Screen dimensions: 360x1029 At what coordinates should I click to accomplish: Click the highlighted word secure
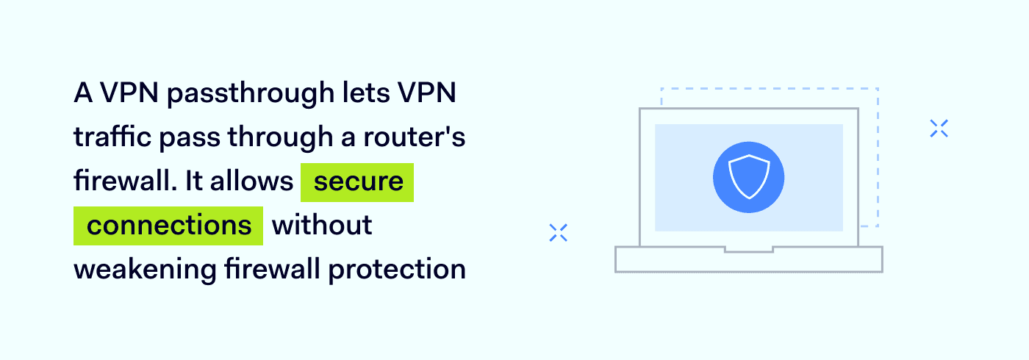click(x=358, y=181)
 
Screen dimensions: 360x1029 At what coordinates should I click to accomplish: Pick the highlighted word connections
click(x=168, y=226)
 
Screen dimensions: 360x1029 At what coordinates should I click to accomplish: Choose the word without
click(x=322, y=226)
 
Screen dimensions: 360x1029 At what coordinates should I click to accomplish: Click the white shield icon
click(x=748, y=177)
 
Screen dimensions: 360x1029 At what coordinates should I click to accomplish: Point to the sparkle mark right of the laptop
click(x=939, y=129)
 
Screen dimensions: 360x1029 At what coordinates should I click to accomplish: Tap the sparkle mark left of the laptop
click(x=559, y=233)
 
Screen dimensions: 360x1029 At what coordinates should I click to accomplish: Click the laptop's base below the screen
click(x=748, y=261)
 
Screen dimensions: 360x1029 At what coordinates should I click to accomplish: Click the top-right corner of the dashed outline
click(x=878, y=89)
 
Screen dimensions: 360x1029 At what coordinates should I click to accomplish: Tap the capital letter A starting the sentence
click(x=82, y=95)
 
